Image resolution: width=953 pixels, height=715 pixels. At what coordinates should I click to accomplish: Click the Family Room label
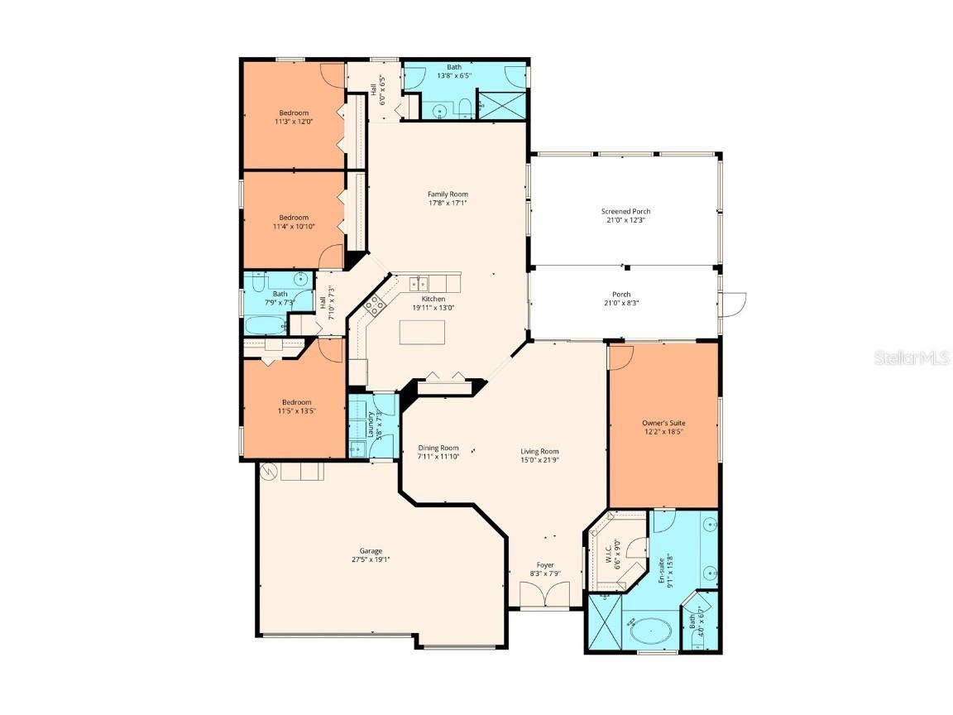click(448, 194)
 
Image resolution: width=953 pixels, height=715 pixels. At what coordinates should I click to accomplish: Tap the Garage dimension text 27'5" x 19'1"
click(370, 560)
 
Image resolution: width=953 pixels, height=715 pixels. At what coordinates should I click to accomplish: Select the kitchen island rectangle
click(422, 332)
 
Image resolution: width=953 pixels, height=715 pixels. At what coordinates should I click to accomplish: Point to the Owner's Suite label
click(663, 423)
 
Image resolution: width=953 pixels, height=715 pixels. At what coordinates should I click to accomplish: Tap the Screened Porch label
click(625, 212)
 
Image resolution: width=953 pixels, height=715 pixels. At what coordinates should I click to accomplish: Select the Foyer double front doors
click(545, 595)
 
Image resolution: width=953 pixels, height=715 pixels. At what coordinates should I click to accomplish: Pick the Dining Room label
click(438, 448)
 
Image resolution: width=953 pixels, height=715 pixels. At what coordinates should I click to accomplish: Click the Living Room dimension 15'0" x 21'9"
click(539, 460)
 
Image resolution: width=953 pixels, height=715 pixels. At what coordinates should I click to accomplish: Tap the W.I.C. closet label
click(607, 551)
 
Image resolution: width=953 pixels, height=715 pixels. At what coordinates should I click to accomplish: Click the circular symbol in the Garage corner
click(268, 472)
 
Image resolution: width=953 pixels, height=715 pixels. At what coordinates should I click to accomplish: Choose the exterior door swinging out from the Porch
click(733, 302)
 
